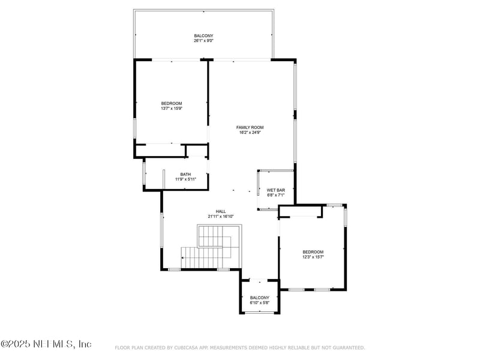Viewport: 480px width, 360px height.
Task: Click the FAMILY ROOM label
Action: [x=250, y=127]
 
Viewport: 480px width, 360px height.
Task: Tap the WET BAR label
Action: [x=275, y=190]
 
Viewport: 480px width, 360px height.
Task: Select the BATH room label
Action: [x=185, y=175]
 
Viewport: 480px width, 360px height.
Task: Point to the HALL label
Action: [x=221, y=211]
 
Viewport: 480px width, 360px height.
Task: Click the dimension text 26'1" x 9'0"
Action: [x=203, y=41]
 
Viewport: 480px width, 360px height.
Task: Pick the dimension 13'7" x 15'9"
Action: [x=171, y=109]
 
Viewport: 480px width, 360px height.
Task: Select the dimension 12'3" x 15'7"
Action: [x=313, y=257]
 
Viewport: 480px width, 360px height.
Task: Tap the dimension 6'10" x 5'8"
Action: [x=260, y=302]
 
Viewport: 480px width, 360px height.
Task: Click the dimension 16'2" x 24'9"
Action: [x=250, y=133]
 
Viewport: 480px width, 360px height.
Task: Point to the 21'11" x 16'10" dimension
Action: [x=221, y=217]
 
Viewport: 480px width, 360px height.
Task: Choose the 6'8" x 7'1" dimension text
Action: [x=275, y=195]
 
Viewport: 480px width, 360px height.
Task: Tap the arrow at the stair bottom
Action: [x=183, y=258]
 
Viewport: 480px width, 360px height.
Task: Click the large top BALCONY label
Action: [x=203, y=36]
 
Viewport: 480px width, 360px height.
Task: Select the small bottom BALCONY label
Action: [x=260, y=298]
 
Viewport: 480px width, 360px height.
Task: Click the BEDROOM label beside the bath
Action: [x=171, y=104]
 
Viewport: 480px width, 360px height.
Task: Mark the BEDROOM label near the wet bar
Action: [x=313, y=251]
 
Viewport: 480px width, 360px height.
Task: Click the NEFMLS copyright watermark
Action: [x=46, y=344]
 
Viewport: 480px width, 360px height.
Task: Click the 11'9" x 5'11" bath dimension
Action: [x=185, y=179]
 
